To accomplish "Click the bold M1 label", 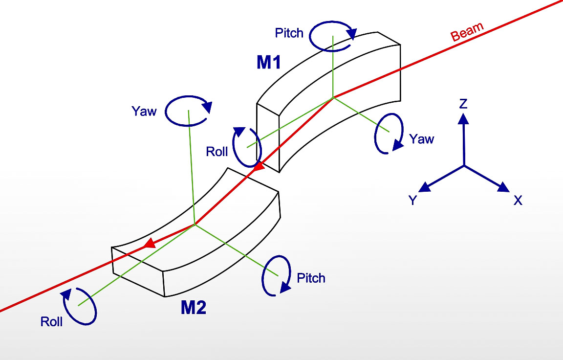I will (x=268, y=62).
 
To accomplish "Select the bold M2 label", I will (x=194, y=308).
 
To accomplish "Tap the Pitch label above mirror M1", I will (x=289, y=33).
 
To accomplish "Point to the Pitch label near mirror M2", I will (x=311, y=278).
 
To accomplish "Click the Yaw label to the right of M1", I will (x=422, y=139).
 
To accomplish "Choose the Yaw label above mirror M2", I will (x=144, y=112).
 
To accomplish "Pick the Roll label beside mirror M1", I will (x=217, y=152).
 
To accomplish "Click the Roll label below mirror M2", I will (x=51, y=322).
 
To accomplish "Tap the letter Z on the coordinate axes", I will (x=464, y=103).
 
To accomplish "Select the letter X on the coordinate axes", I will (x=518, y=200).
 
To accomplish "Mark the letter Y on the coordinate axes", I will (x=413, y=200).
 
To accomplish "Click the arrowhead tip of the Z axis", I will (x=464, y=115).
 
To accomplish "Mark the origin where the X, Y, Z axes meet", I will (x=464, y=165).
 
